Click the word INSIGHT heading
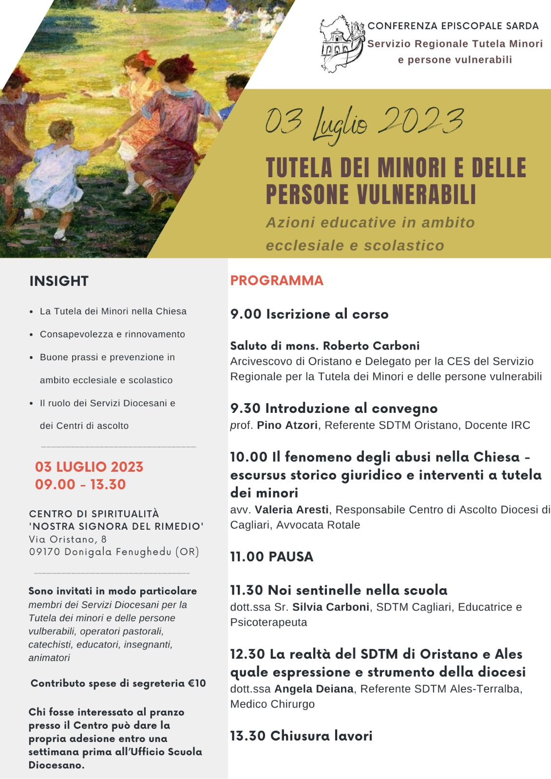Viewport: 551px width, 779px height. tap(59, 281)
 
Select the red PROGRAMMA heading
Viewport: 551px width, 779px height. tap(277, 280)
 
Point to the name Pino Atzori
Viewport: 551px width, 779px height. tap(287, 425)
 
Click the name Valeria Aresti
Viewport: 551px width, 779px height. tap(291, 510)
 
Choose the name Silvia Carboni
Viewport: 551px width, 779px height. tap(330, 607)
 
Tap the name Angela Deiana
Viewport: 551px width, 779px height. tap(314, 689)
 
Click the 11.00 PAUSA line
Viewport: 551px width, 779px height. tap(271, 556)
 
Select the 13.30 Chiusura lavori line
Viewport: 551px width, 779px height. tap(301, 736)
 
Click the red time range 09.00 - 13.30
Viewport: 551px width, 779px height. tap(80, 484)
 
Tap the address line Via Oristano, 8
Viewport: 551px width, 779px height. tap(68, 539)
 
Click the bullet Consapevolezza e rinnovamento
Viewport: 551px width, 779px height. tap(113, 334)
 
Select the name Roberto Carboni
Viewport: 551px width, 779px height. tap(371, 346)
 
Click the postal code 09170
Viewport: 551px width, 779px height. tap(44, 552)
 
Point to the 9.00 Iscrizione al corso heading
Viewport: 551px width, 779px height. tap(309, 314)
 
